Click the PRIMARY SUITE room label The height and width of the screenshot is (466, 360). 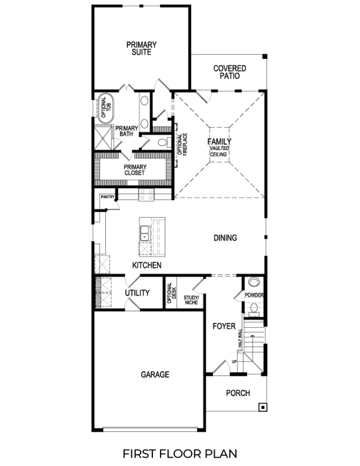click(141, 49)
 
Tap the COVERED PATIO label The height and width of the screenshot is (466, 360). click(230, 72)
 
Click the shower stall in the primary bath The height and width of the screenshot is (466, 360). click(103, 138)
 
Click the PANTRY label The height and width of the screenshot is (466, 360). click(107, 197)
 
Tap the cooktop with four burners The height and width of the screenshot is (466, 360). click(146, 195)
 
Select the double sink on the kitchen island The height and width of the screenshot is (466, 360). click(145, 233)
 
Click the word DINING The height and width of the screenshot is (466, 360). click(225, 238)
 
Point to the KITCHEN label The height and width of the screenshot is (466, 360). click(147, 265)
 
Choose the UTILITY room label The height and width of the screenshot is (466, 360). click(137, 293)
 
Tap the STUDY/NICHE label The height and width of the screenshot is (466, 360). click(191, 300)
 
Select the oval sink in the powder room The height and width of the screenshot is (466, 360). click(254, 282)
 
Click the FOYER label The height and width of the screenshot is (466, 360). click(224, 326)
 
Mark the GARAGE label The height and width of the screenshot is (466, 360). click(155, 375)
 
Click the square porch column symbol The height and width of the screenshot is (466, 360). click(263, 407)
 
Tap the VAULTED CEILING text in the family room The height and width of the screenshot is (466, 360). click(219, 151)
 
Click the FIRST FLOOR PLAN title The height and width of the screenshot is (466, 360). click(180, 453)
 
